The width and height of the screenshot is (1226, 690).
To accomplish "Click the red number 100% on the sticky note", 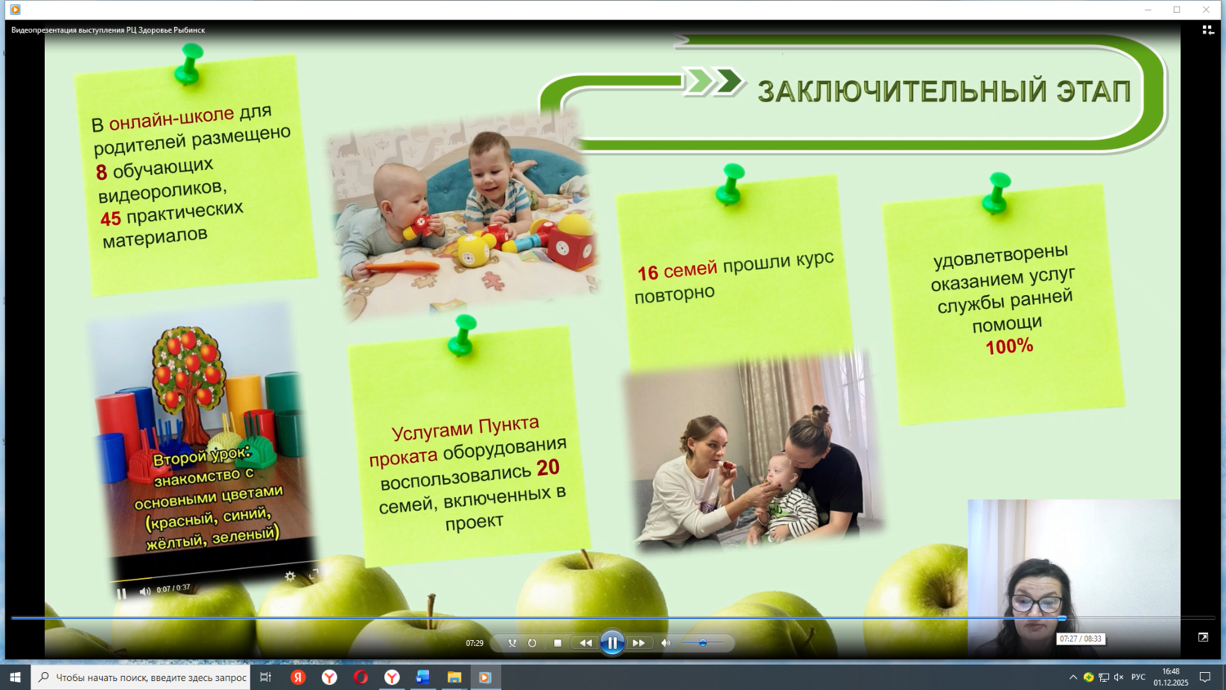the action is point(1009,347).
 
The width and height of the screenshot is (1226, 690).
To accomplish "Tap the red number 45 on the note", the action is point(110,218).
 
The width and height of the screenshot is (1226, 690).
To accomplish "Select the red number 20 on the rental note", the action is point(548,467).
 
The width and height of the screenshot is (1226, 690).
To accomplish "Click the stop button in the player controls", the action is point(557,643).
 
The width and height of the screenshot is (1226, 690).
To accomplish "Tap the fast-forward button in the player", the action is point(638,643).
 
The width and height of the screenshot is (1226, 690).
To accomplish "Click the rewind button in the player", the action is point(585,643).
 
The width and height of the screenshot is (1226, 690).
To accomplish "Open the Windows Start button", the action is point(15,678).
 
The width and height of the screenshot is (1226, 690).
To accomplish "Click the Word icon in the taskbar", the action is point(422,678).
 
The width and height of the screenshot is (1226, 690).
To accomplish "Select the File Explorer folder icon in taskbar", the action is point(454,678).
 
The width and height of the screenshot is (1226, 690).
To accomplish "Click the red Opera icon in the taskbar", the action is point(360,678).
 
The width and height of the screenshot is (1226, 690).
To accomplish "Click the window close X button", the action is point(1206,9).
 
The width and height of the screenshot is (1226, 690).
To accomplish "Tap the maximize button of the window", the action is point(1177,9).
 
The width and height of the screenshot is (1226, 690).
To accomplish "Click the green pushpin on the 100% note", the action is point(996,192).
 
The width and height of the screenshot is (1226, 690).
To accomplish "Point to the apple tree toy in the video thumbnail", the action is point(187,378).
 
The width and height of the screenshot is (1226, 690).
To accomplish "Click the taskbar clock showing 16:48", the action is point(1170,678).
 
